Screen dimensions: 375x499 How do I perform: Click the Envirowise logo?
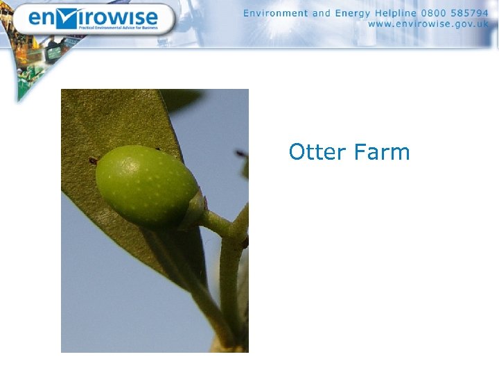93,19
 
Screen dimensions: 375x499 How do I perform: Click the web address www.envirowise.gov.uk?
428,24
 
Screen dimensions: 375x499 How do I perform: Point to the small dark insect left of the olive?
93,161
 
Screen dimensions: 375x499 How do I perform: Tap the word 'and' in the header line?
322,13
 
